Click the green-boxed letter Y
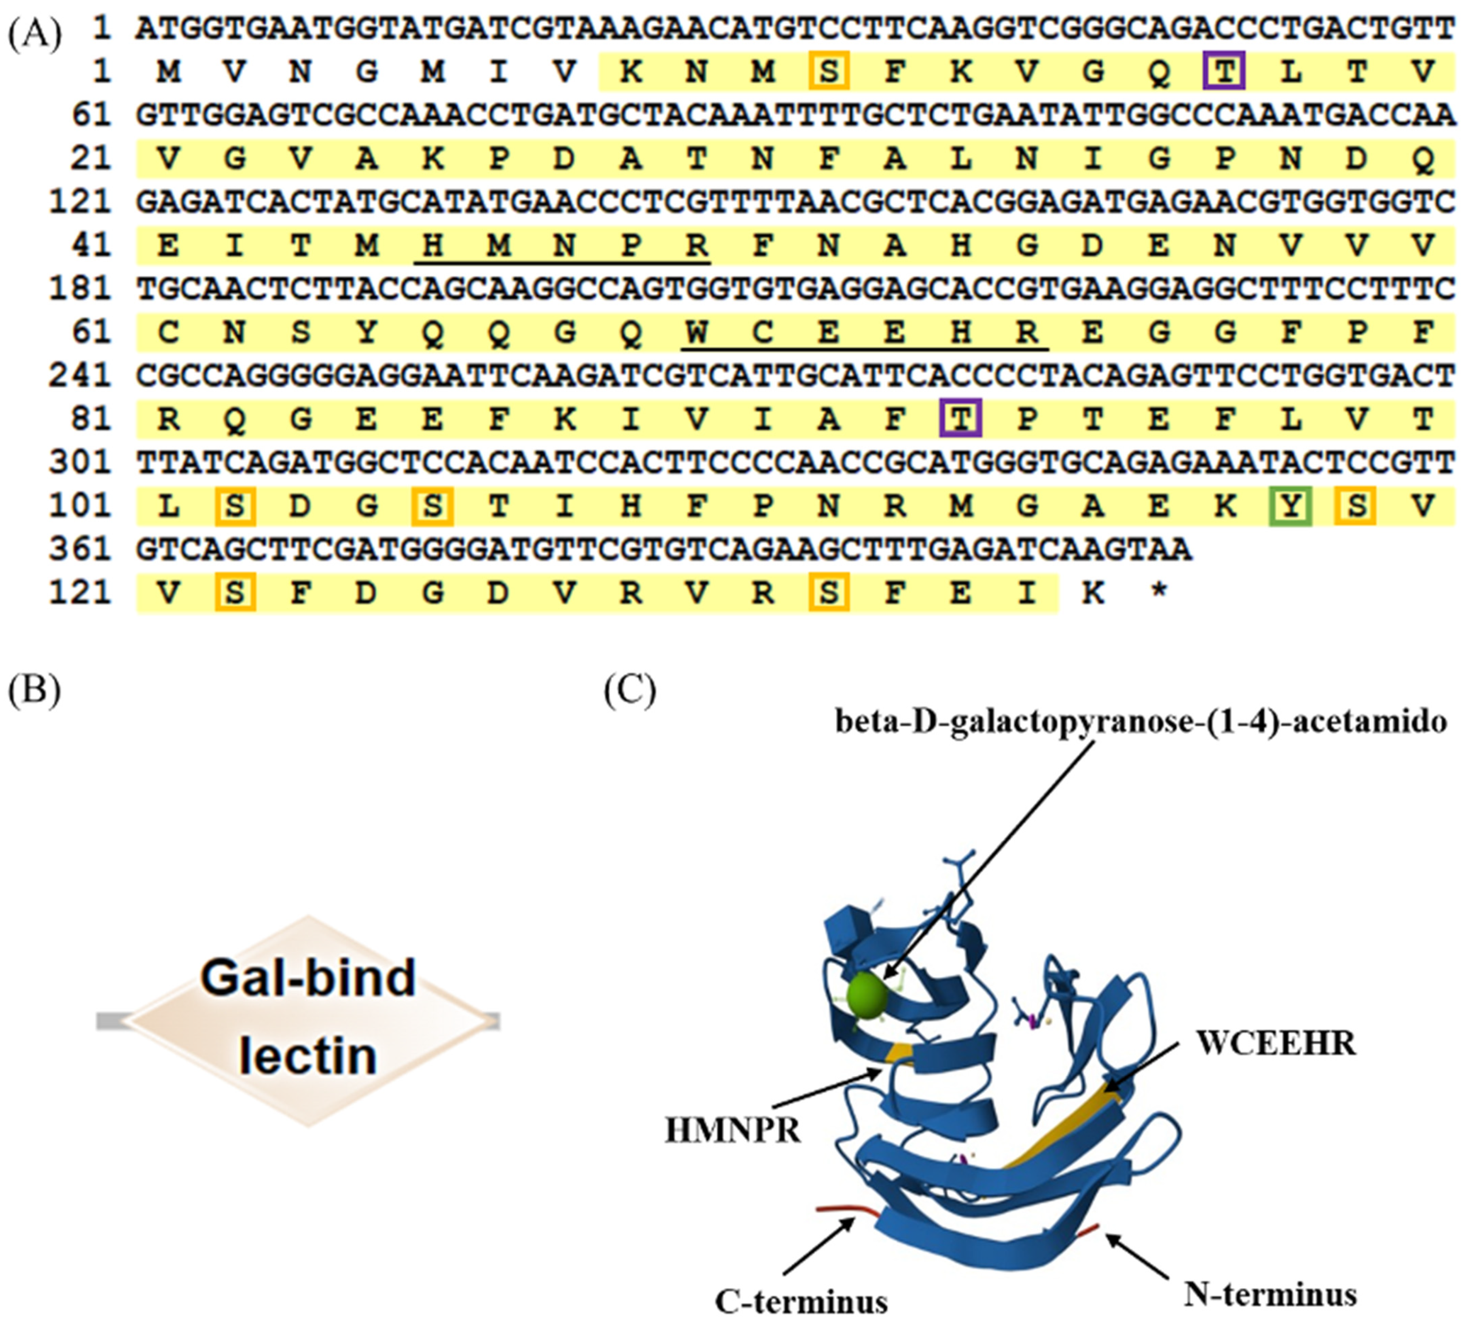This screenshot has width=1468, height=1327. click(1290, 505)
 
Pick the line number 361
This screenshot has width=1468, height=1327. click(80, 549)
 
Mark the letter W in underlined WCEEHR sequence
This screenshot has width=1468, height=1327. click(696, 332)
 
